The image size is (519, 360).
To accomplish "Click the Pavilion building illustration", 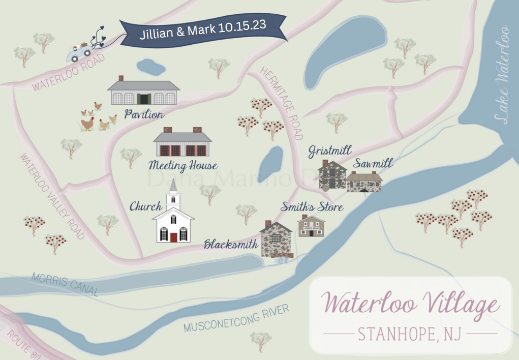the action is (x=143, y=92).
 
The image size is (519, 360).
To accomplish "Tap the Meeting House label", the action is (x=183, y=166).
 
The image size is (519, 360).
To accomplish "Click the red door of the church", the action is (x=174, y=236).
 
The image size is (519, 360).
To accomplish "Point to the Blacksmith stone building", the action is (x=276, y=239).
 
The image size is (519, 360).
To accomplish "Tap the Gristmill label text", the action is (x=330, y=151).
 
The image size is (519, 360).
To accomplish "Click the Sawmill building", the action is (x=364, y=182).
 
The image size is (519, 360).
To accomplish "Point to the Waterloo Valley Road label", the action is (x=52, y=196).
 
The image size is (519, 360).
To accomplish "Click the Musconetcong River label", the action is (x=236, y=318).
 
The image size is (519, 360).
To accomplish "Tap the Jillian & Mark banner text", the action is (x=203, y=29).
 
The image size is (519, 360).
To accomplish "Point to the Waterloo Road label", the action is (x=68, y=73).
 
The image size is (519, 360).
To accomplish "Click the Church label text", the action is (x=145, y=206).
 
